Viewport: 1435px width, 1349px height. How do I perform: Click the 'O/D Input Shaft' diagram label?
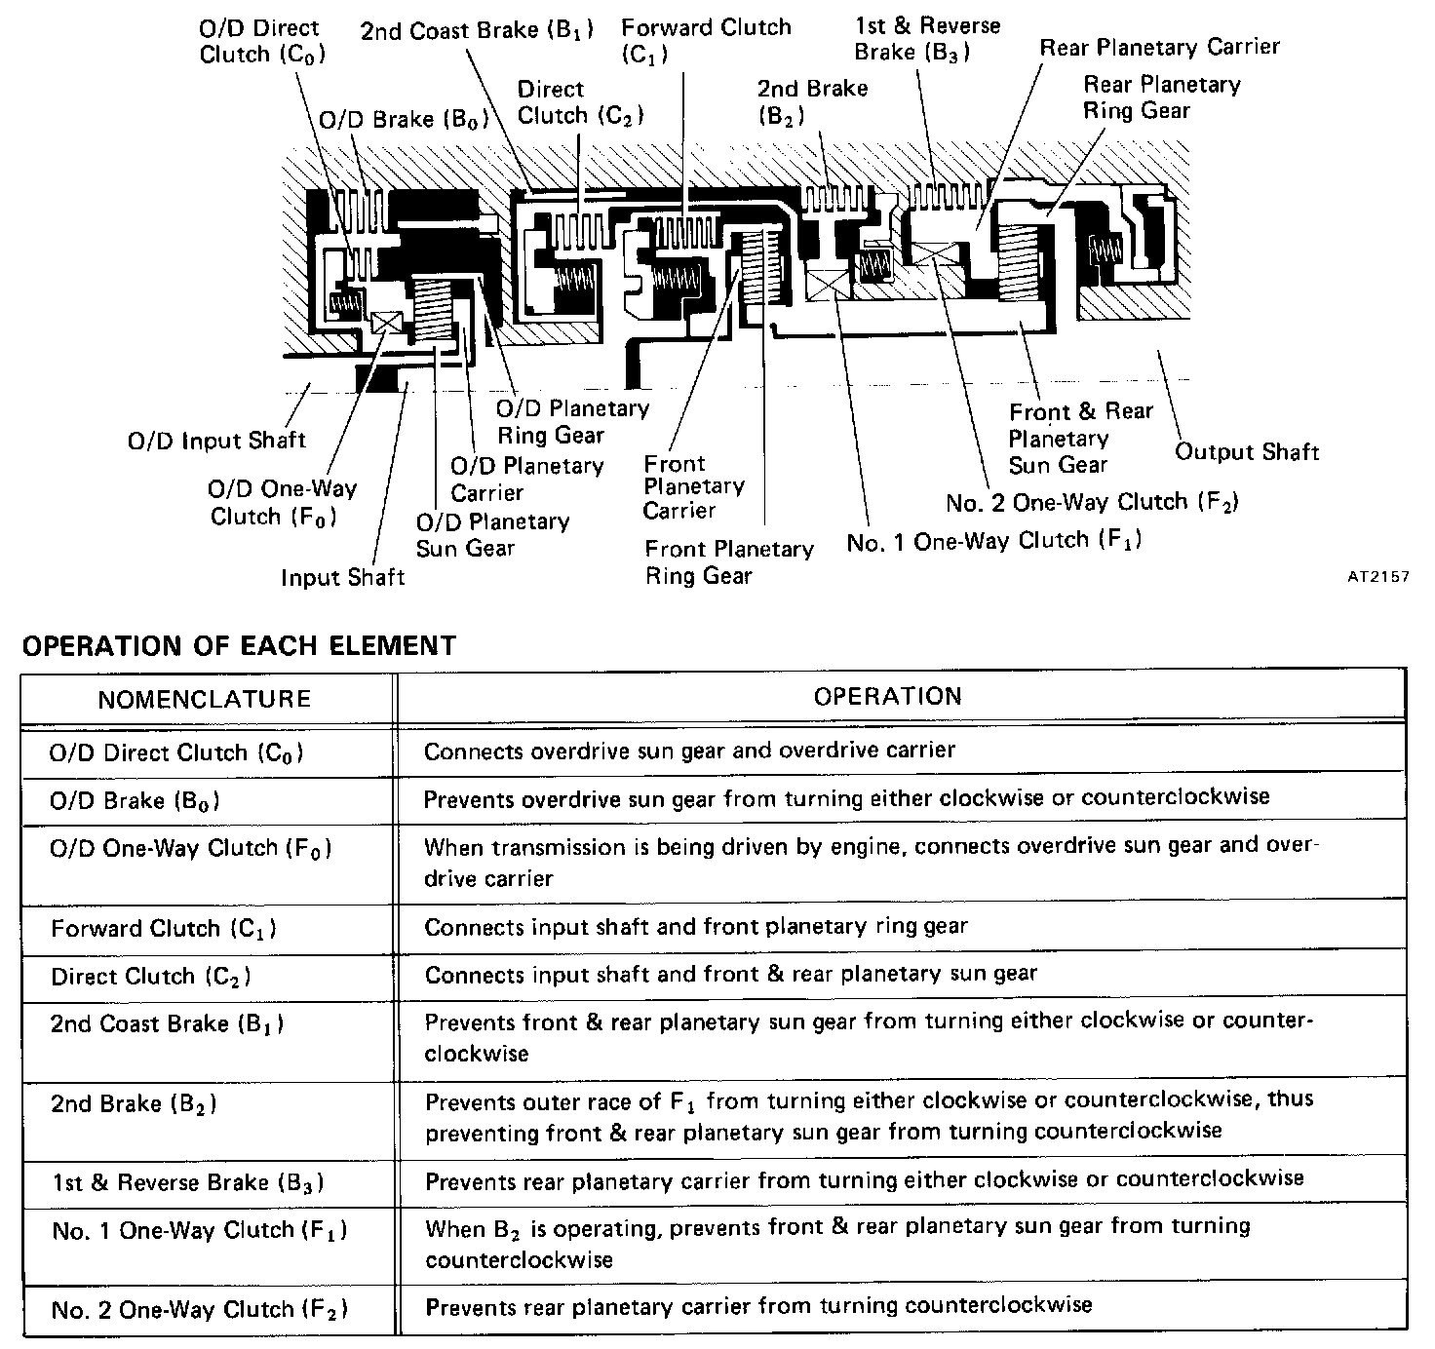[216, 441]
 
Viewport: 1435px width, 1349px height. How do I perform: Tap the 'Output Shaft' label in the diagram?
[1246, 452]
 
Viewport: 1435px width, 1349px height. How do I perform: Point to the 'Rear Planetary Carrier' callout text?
[1159, 47]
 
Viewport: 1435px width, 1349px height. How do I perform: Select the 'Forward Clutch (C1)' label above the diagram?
[706, 40]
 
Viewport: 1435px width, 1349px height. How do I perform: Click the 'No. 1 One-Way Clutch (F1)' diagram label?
[993, 541]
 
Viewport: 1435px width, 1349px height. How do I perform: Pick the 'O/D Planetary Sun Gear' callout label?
[492, 534]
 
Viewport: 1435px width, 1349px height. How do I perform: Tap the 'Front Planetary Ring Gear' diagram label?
[728, 562]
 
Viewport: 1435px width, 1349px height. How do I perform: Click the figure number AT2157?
[1378, 576]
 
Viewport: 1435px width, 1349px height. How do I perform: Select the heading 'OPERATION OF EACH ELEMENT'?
[239, 645]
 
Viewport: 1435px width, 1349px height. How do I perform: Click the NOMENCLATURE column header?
[205, 699]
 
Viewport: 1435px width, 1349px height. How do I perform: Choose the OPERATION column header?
[887, 696]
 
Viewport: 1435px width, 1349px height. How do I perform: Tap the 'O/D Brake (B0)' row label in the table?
[135, 801]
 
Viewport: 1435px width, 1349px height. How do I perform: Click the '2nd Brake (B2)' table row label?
[134, 1104]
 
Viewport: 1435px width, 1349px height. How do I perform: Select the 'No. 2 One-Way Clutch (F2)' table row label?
[199, 1310]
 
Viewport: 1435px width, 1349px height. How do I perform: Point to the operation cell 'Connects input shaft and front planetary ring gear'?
[695, 926]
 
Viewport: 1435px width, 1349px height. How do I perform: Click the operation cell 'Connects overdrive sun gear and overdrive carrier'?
[689, 751]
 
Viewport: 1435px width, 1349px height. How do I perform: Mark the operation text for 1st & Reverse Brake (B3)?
[864, 1179]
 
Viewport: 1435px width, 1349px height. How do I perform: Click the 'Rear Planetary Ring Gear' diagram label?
[1160, 97]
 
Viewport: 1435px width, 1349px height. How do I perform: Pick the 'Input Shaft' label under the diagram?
[342, 577]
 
